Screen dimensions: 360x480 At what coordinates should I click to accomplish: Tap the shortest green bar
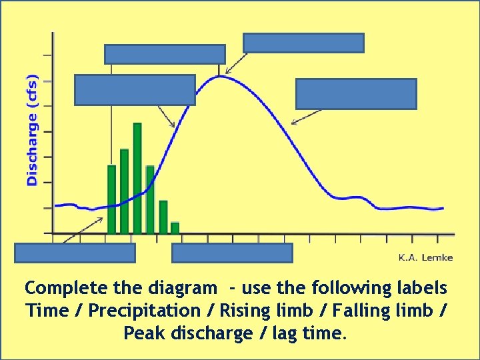175,227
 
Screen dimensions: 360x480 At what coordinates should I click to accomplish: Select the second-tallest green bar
124,191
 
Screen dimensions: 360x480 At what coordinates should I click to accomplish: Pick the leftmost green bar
111,199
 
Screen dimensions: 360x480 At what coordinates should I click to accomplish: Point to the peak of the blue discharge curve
220,77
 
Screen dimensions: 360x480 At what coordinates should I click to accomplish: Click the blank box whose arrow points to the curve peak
303,43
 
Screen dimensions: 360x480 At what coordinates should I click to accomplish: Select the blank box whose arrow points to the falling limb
356,93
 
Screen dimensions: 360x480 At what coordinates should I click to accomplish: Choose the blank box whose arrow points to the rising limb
135,90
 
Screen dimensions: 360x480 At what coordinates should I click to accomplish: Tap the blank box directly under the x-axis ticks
232,253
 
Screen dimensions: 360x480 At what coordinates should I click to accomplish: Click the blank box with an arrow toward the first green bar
75,253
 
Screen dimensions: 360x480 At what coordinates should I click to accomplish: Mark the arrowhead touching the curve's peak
227,72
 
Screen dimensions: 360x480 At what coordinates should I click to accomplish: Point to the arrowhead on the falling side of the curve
295,122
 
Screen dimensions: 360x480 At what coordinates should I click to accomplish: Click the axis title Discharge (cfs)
32,129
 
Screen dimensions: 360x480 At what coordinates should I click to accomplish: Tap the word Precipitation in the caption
131,311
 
